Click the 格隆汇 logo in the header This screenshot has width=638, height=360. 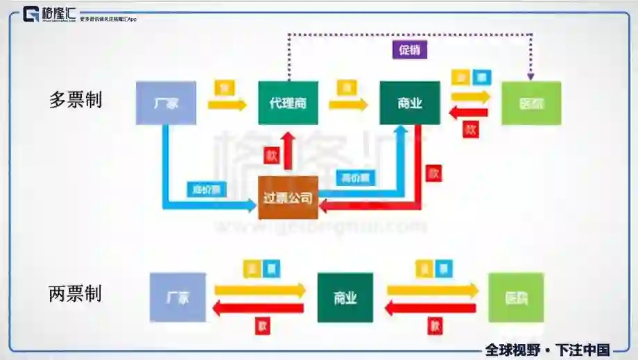tap(50, 15)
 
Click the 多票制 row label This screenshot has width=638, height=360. tap(76, 100)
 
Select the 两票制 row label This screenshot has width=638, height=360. tap(76, 293)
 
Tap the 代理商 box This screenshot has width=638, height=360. tap(288, 103)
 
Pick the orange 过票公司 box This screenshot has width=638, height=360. tap(288, 198)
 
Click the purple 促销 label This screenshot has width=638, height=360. tap(409, 50)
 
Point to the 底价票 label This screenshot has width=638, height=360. tap(206, 189)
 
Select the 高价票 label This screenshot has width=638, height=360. tap(356, 178)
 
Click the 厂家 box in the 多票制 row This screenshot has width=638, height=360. tap(166, 103)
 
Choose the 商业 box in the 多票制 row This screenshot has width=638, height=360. tap(409, 103)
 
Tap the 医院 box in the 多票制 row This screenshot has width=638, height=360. tap(531, 103)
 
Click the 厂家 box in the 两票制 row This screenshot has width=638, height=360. tap(178, 298)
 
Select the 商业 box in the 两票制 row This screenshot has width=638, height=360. tap(345, 298)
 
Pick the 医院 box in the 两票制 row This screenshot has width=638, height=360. tap(516, 298)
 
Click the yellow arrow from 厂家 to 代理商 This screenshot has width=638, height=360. tap(227, 105)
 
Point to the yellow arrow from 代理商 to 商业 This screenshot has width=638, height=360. tap(348, 105)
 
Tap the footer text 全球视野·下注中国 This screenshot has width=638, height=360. tap(547, 350)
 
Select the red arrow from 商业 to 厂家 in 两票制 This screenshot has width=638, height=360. tap(260, 307)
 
